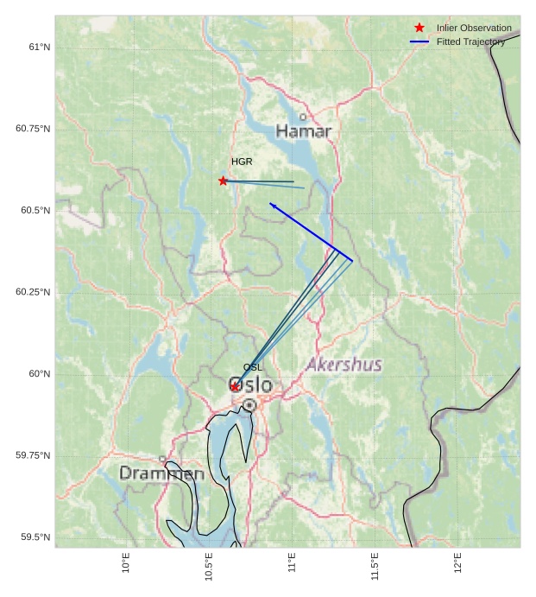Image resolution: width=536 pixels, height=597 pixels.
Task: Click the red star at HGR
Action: pyautogui.click(x=224, y=181)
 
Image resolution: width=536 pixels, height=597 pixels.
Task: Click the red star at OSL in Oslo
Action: pyautogui.click(x=235, y=386)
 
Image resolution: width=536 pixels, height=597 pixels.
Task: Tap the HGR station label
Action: pyautogui.click(x=242, y=162)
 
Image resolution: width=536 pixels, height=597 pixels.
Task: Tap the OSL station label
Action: pyautogui.click(x=252, y=367)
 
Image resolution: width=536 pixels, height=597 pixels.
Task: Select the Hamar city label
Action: pyautogui.click(x=304, y=131)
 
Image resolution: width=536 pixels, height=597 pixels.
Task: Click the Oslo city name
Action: pyautogui.click(x=249, y=385)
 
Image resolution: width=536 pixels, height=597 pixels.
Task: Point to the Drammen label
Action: pyautogui.click(x=161, y=473)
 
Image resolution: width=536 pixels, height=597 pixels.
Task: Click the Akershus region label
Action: pyautogui.click(x=344, y=365)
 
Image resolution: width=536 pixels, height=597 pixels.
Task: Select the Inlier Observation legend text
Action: pyautogui.click(x=474, y=29)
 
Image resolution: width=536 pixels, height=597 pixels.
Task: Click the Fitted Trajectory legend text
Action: pyautogui.click(x=470, y=42)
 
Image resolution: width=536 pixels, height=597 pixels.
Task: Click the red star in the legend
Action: pyautogui.click(x=419, y=29)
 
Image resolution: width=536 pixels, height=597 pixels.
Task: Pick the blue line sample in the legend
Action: pyautogui.click(x=419, y=42)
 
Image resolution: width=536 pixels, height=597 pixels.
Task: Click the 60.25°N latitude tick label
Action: pyautogui.click(x=33, y=292)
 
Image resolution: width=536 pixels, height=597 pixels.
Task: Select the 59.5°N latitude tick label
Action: pyautogui.click(x=34, y=537)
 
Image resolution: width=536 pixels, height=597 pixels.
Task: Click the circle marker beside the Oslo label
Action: pyautogui.click(x=249, y=404)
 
